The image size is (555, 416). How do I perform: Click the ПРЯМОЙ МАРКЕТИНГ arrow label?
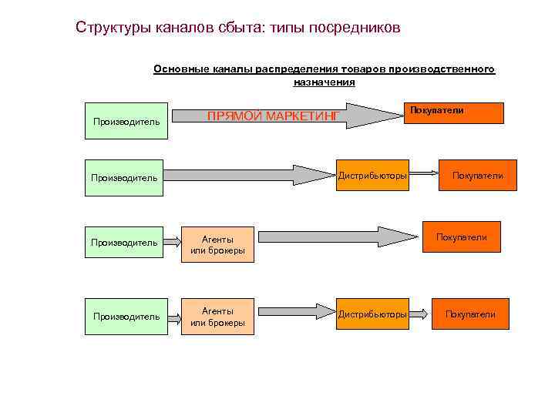coord(273,116)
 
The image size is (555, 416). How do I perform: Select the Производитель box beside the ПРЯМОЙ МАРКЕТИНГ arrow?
coord(126,121)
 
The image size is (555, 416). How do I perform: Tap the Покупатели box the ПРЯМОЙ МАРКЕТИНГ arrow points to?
coord(456,112)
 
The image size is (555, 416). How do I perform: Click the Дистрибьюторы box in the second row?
coord(372,176)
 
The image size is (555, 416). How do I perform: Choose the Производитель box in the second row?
coord(124,177)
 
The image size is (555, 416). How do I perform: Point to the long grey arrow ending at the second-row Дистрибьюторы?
coord(247,175)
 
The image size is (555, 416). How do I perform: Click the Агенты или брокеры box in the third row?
coord(217,244)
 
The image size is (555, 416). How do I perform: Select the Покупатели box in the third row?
coord(461,237)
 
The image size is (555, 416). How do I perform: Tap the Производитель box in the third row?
coord(124,243)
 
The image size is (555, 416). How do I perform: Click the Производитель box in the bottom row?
coord(126,316)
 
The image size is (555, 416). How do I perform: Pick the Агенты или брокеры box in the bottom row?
coord(217,316)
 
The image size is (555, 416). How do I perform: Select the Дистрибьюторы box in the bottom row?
coord(372,314)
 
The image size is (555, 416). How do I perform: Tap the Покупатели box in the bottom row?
coord(470,314)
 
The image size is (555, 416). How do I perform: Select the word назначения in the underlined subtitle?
coord(324,82)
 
